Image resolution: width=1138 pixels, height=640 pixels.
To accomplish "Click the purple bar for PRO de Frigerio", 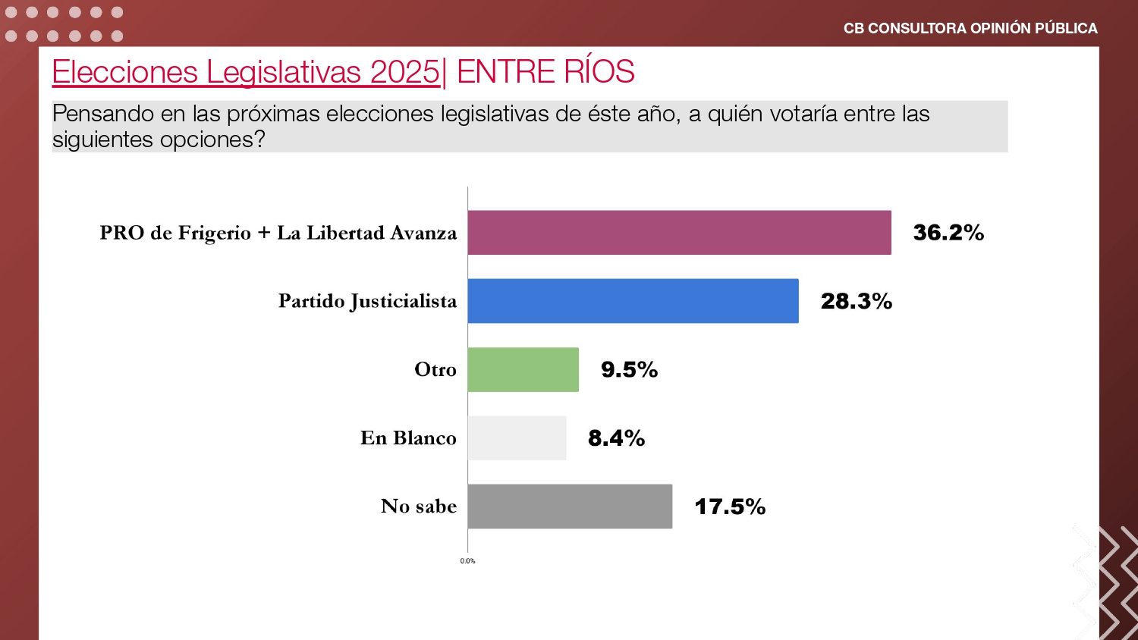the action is [679, 233].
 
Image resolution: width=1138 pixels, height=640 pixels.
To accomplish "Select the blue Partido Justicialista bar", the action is [633, 301].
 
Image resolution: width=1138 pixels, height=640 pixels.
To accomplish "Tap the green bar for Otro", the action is [523, 370].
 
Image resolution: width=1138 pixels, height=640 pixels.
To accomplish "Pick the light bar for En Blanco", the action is [517, 438].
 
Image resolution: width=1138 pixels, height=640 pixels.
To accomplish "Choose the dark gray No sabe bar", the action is [570, 507].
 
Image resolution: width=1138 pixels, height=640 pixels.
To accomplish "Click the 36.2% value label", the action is [948, 233].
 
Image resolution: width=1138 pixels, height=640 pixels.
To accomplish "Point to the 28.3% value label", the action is [857, 301].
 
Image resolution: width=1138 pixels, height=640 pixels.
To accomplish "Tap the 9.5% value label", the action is [630, 370].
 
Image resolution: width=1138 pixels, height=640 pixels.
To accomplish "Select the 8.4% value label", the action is [617, 438].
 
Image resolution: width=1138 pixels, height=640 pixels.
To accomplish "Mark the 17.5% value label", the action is [730, 507].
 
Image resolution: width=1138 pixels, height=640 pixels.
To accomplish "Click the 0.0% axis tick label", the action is [467, 561].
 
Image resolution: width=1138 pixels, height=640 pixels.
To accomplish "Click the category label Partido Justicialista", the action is [367, 301].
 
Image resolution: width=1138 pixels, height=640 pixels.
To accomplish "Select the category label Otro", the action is [435, 369].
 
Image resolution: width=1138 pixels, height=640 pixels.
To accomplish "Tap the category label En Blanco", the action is [408, 438].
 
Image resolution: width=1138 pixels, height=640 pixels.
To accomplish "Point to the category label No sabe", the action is [419, 506].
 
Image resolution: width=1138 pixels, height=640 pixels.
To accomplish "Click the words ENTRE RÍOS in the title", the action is [545, 71].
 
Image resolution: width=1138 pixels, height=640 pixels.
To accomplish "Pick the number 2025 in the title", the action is [405, 71].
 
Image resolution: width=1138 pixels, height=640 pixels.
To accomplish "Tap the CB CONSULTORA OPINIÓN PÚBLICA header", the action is [970, 29].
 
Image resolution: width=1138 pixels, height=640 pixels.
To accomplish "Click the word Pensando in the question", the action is [103, 114].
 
